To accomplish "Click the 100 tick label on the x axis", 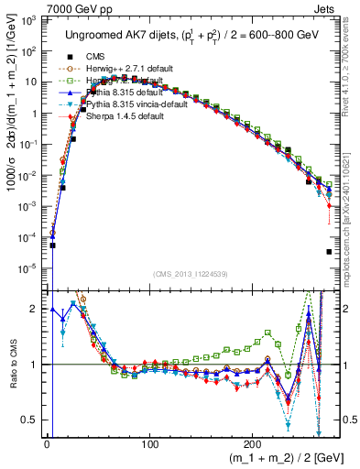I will pos(148,444).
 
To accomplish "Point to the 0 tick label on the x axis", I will pos(47,444).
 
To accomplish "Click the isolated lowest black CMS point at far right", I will pos(328,252).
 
